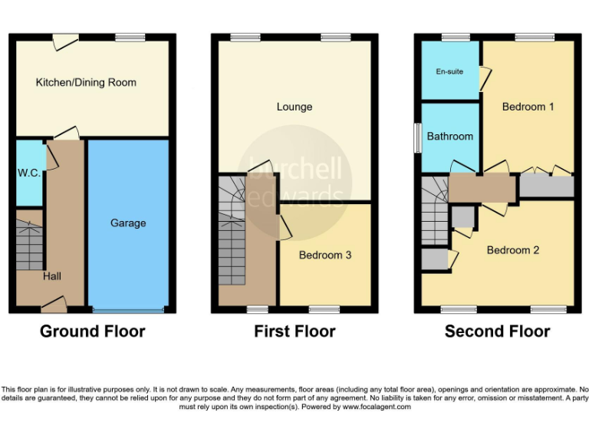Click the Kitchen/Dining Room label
coord(86,82)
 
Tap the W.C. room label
coord(28,173)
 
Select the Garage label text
coord(127,223)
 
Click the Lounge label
coord(294,107)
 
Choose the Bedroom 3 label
coord(325,255)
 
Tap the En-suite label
coord(449,71)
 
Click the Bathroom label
coord(449,136)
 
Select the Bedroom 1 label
coord(528,107)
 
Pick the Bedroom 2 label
coord(513,250)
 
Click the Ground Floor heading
coord(92,331)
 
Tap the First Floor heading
coord(294,331)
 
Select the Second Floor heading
coord(497,331)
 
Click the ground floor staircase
coord(29,246)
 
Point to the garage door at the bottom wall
coord(127,310)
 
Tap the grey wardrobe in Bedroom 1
coord(546,186)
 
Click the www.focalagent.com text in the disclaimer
coord(375,407)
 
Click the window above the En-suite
coord(456,37)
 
